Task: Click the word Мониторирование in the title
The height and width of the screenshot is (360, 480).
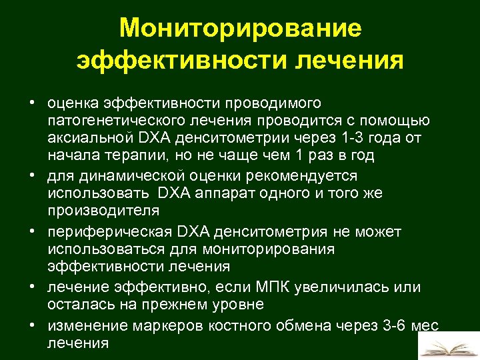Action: [x=240, y=28]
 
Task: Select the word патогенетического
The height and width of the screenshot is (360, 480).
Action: [x=114, y=121]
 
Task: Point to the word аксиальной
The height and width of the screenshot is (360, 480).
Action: [x=90, y=138]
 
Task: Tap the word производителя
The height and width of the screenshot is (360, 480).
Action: [x=103, y=211]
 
